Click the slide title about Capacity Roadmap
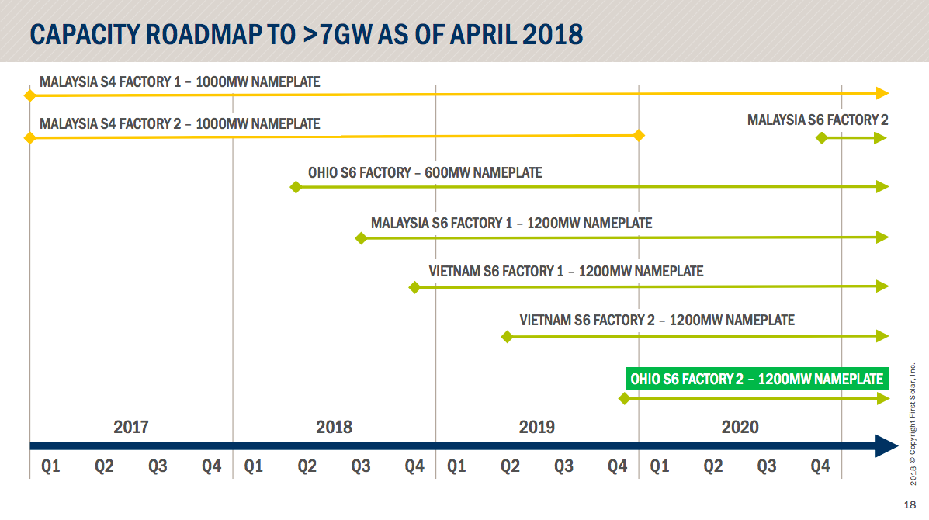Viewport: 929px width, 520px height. point(306,35)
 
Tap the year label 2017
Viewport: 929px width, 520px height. point(130,427)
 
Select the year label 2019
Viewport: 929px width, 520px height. point(536,427)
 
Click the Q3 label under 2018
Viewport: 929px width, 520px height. point(361,466)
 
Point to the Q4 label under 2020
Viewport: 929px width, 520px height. point(820,466)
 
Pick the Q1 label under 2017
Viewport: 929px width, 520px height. point(50,466)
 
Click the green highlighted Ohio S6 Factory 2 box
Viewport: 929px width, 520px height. point(757,380)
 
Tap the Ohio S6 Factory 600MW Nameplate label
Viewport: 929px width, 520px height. point(425,172)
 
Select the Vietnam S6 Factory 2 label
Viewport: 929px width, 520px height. point(657,320)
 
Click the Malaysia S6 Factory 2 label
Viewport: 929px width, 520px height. point(817,120)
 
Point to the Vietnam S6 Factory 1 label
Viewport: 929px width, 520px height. point(566,272)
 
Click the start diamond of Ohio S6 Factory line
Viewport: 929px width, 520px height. point(295,187)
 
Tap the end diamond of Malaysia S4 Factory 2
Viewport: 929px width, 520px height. point(639,136)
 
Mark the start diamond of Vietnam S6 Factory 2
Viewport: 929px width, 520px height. point(507,336)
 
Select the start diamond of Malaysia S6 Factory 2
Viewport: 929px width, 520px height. point(821,138)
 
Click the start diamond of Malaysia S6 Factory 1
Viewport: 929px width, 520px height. point(360,237)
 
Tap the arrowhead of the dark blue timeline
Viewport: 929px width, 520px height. point(886,446)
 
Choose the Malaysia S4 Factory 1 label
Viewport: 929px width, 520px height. point(179,81)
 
